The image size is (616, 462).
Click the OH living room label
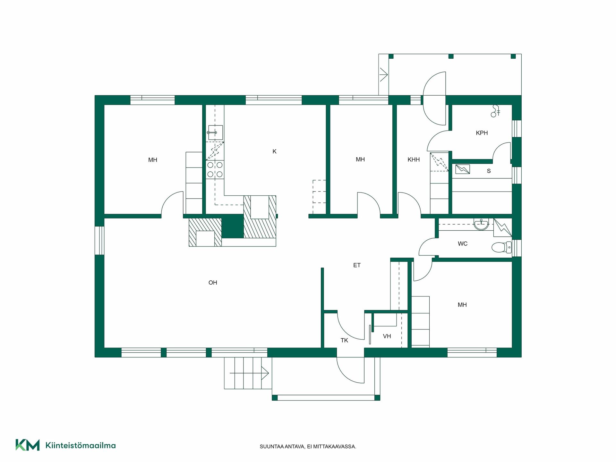(x=213, y=283)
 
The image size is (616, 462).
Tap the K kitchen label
(x=274, y=151)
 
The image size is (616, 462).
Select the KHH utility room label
(x=414, y=159)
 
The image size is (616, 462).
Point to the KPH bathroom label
(x=482, y=133)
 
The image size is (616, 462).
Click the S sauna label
(x=489, y=171)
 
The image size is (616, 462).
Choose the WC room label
(x=463, y=244)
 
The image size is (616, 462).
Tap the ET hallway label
(x=357, y=265)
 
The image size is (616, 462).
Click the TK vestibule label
(x=344, y=340)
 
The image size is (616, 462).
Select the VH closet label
(x=387, y=336)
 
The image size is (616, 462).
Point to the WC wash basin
(x=481, y=224)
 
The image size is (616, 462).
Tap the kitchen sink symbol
(x=215, y=133)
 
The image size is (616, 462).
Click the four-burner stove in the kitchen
(x=215, y=170)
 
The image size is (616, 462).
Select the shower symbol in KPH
(x=495, y=111)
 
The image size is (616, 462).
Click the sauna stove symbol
(x=463, y=169)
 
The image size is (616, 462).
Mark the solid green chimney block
(x=233, y=226)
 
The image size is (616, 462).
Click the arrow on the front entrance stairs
(x=249, y=373)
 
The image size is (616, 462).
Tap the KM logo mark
(x=28, y=445)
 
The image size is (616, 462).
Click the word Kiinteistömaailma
(x=81, y=445)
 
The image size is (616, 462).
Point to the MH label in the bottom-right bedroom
(x=462, y=305)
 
